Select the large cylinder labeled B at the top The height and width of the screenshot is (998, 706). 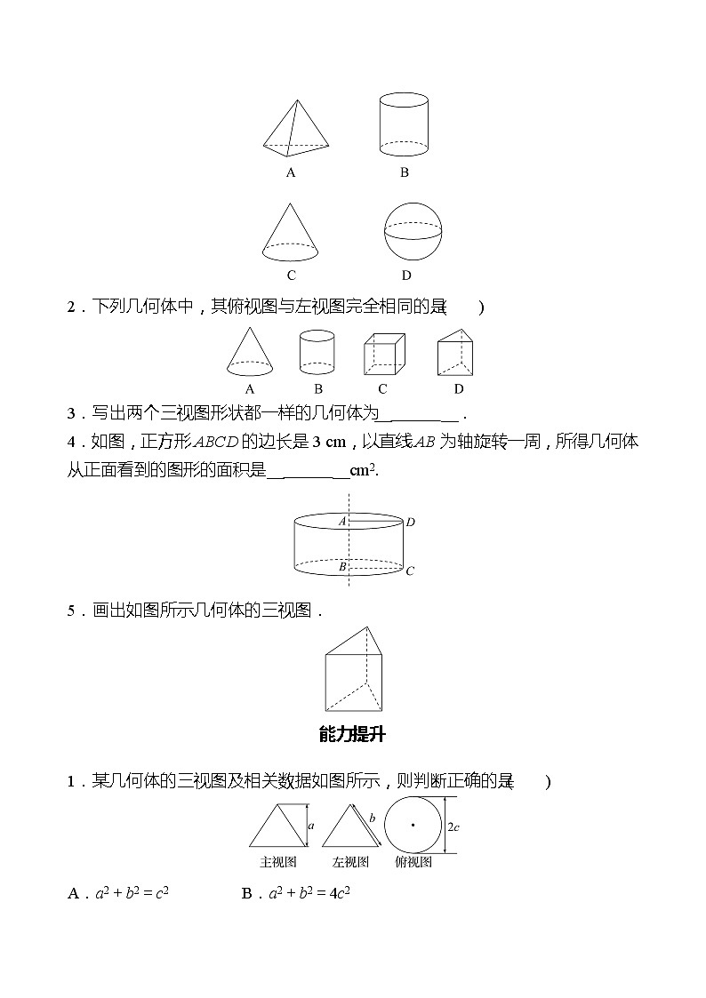click(x=404, y=125)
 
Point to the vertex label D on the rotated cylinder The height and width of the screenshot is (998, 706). click(x=410, y=523)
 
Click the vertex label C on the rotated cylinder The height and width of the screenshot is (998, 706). click(x=410, y=571)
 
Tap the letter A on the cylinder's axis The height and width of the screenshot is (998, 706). click(x=341, y=522)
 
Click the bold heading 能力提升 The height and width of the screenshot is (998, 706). click(x=352, y=734)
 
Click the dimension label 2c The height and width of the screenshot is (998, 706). click(x=453, y=826)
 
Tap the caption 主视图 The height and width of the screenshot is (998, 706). click(x=277, y=862)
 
